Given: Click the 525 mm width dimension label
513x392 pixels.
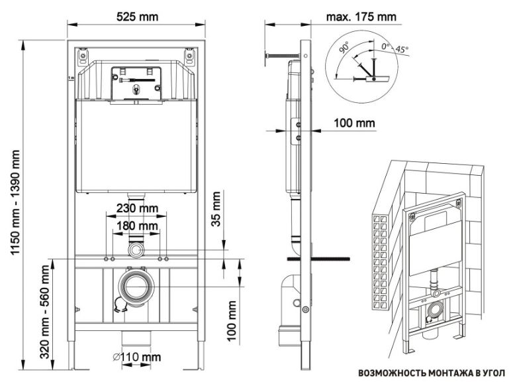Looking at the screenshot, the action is pyautogui.click(x=137, y=17).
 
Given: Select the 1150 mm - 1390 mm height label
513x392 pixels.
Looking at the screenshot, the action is pyautogui.click(x=15, y=202).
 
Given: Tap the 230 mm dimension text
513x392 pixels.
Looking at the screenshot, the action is pyautogui.click(x=138, y=208).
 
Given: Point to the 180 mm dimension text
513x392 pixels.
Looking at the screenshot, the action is pyautogui.click(x=137, y=226).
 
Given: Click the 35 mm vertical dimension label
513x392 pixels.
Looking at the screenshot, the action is pyautogui.click(x=216, y=209).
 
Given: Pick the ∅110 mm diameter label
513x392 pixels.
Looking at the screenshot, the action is pyautogui.click(x=137, y=357).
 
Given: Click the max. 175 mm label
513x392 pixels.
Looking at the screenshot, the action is pyautogui.click(x=361, y=17).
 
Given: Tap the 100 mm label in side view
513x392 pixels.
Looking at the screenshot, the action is pyautogui.click(x=354, y=123).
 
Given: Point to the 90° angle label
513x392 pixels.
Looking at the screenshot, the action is pyautogui.click(x=344, y=48).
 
